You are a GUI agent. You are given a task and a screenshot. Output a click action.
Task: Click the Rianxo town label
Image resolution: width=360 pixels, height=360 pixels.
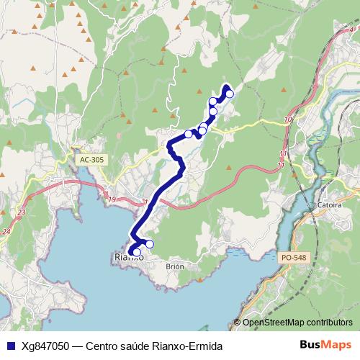[129, 257]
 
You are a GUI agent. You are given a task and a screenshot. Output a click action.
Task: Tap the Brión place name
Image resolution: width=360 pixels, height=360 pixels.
[175, 266]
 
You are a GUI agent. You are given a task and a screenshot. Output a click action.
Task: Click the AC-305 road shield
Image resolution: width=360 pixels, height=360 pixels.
[91, 159]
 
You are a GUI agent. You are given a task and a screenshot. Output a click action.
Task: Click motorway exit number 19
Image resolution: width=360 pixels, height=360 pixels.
[111, 199]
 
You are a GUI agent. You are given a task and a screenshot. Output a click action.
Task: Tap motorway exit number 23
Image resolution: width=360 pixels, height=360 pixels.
[22, 213]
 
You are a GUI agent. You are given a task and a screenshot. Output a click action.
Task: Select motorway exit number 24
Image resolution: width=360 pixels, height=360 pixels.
[6, 232]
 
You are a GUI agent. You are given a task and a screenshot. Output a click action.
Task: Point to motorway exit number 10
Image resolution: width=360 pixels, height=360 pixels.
[288, 119]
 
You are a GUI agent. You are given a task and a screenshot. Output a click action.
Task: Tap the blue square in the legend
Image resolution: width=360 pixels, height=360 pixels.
[9, 346]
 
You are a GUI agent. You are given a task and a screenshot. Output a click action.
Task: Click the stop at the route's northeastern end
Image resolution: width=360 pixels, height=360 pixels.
[230, 94]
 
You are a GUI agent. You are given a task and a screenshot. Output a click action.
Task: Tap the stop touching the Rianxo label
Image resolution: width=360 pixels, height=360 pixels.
[136, 252]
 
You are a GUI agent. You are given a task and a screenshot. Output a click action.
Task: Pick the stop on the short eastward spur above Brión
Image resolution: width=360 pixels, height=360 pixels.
[149, 244]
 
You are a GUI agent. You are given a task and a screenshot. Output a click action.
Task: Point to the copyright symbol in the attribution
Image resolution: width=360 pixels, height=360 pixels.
[238, 323]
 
